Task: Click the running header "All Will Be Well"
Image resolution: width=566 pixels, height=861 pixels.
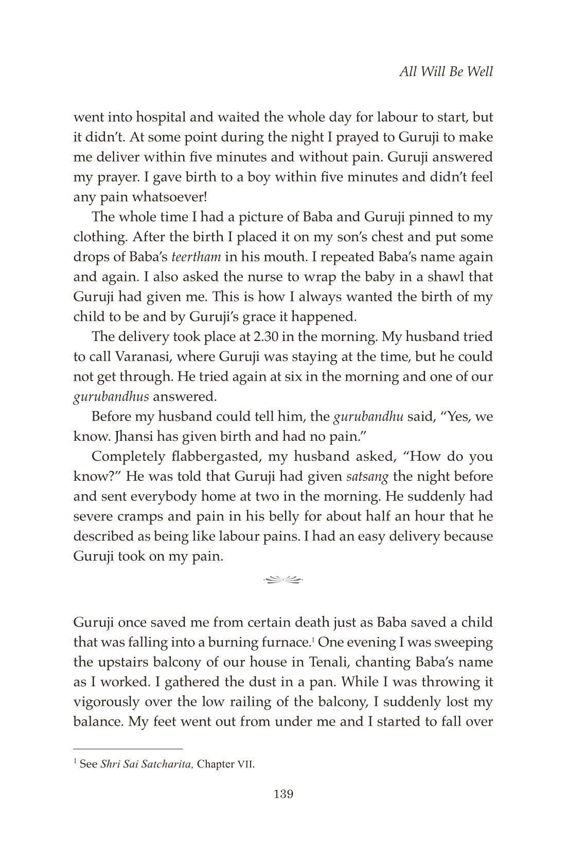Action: tap(446, 71)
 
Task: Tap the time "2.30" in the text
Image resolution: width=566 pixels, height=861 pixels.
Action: tap(266, 337)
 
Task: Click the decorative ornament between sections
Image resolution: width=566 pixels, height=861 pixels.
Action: tap(283, 580)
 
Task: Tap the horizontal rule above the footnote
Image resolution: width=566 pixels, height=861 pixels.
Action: tap(128, 749)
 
